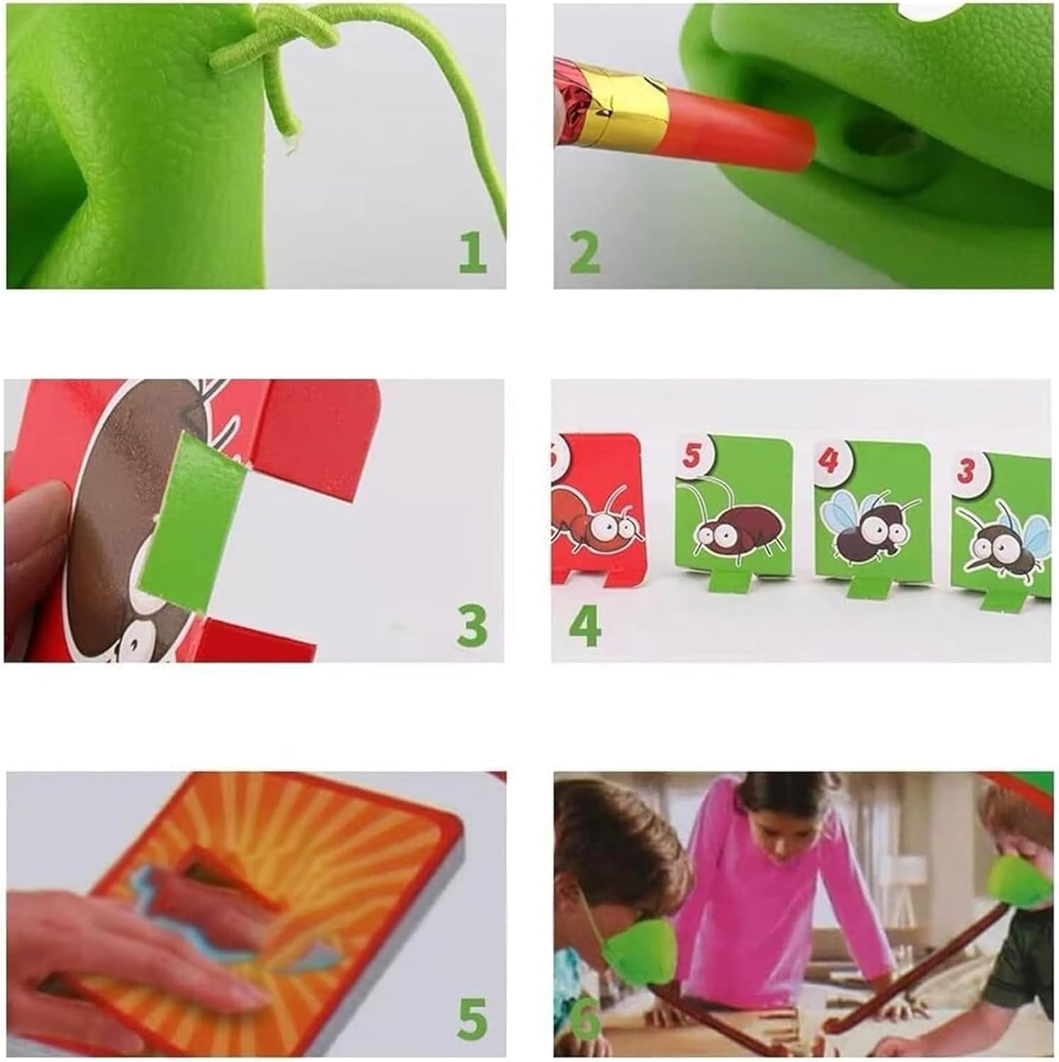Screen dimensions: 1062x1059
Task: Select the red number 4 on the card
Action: [x=828, y=461]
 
